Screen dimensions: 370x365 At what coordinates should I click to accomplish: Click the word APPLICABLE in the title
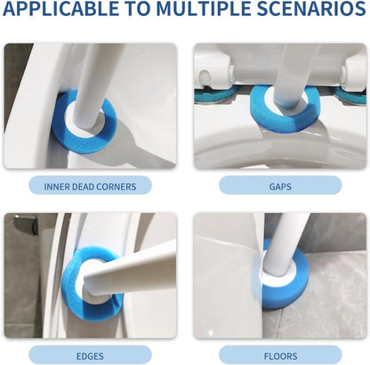point(60,9)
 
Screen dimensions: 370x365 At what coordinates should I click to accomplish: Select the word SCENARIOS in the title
point(311,9)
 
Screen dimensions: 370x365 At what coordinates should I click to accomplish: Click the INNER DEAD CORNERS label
point(90,186)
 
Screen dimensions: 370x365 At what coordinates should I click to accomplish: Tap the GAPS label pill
point(280,186)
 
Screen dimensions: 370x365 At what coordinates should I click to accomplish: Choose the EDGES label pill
point(90,356)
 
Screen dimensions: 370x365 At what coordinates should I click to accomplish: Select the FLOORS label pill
point(280,356)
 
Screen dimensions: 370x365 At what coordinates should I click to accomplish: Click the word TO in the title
point(141,9)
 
